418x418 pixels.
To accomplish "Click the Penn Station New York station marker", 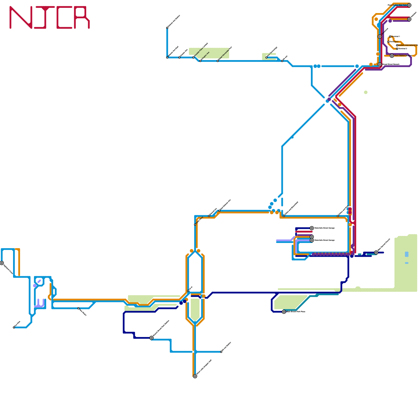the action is pos(409,5).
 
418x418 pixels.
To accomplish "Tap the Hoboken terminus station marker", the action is pos(409,19).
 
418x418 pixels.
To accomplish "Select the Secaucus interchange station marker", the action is pos(380,37).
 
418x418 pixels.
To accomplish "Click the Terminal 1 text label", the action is pos(396,36).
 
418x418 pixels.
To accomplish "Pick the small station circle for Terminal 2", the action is pos(388,42).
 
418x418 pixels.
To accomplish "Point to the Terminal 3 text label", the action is pos(403,49).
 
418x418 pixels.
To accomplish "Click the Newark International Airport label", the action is pos(408,45).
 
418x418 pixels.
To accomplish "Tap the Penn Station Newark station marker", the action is pos(392,56).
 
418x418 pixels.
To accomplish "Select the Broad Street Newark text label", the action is pos(391,64).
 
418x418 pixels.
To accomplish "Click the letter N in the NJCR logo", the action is pos(21,18).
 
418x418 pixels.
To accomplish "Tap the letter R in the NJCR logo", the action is pos(82,18).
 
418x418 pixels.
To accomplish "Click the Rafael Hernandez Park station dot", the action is pos(218,61).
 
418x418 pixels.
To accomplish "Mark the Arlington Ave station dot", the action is pos(200,61).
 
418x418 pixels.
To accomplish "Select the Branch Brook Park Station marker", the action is pos(152,338).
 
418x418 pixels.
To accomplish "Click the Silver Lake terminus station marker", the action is pos(195,376).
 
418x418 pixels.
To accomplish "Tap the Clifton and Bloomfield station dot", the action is pos(284,216).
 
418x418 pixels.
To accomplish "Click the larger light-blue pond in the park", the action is pos(407,254).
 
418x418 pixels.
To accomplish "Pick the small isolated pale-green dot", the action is pos(366,92).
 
